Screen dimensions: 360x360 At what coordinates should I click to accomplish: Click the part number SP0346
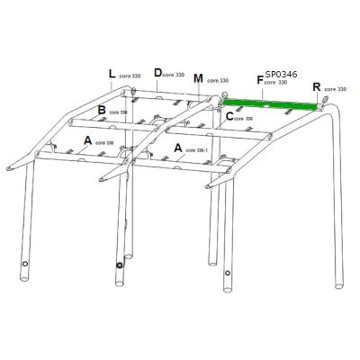[283, 76]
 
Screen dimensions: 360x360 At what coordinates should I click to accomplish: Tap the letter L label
[111, 73]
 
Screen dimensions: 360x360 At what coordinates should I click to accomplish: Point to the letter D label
[157, 72]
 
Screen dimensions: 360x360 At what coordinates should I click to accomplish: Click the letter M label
[198, 78]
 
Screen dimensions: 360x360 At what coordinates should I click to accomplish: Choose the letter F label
[260, 81]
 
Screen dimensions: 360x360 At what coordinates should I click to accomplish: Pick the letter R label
[316, 87]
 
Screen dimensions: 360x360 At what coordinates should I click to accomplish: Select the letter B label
[102, 109]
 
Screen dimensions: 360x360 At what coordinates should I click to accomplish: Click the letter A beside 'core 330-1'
[179, 146]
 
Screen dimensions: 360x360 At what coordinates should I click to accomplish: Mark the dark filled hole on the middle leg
[119, 265]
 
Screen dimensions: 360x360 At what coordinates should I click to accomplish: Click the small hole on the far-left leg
[25, 265]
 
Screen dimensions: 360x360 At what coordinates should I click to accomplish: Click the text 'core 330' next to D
[175, 74]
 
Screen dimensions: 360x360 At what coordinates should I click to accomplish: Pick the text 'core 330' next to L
[129, 76]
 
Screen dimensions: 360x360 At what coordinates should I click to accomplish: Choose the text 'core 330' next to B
[121, 112]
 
